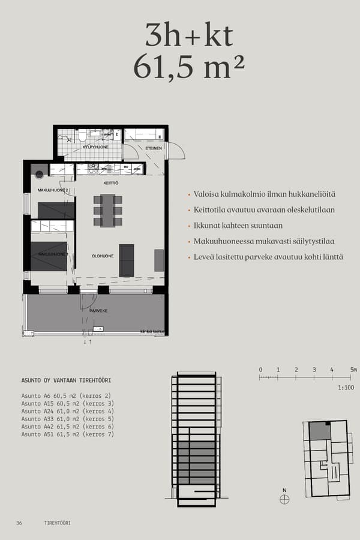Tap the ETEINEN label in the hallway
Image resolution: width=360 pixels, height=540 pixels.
(154, 148)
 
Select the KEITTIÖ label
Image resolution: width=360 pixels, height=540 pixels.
(110, 183)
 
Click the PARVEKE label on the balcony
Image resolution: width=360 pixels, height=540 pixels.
(98, 311)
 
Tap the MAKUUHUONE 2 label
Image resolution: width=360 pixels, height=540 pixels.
(53, 190)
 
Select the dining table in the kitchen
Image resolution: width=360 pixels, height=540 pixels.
(108, 210)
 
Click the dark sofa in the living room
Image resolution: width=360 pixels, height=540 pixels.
(127, 260)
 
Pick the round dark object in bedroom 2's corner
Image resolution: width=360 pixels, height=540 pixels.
(40, 175)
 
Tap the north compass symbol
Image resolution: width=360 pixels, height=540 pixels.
(284, 499)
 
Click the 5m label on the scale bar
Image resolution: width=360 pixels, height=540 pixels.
(353, 370)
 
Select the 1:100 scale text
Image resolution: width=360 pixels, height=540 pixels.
(346, 389)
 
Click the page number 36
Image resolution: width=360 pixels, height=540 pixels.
(19, 523)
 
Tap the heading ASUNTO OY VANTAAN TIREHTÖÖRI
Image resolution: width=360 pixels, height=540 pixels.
(66, 380)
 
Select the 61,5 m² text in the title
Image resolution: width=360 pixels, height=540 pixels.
(189, 67)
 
